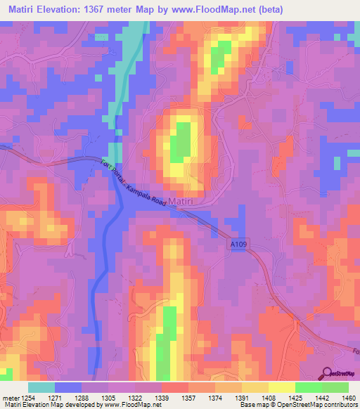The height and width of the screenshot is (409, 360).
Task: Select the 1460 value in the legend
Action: pyautogui.click(x=349, y=398)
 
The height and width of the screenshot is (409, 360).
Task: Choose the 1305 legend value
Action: pyautogui.click(x=108, y=398)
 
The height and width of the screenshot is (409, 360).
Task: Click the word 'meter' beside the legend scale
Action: pyautogui.click(x=11, y=398)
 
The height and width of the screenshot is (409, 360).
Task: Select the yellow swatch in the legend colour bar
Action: pyautogui.click(x=282, y=387)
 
